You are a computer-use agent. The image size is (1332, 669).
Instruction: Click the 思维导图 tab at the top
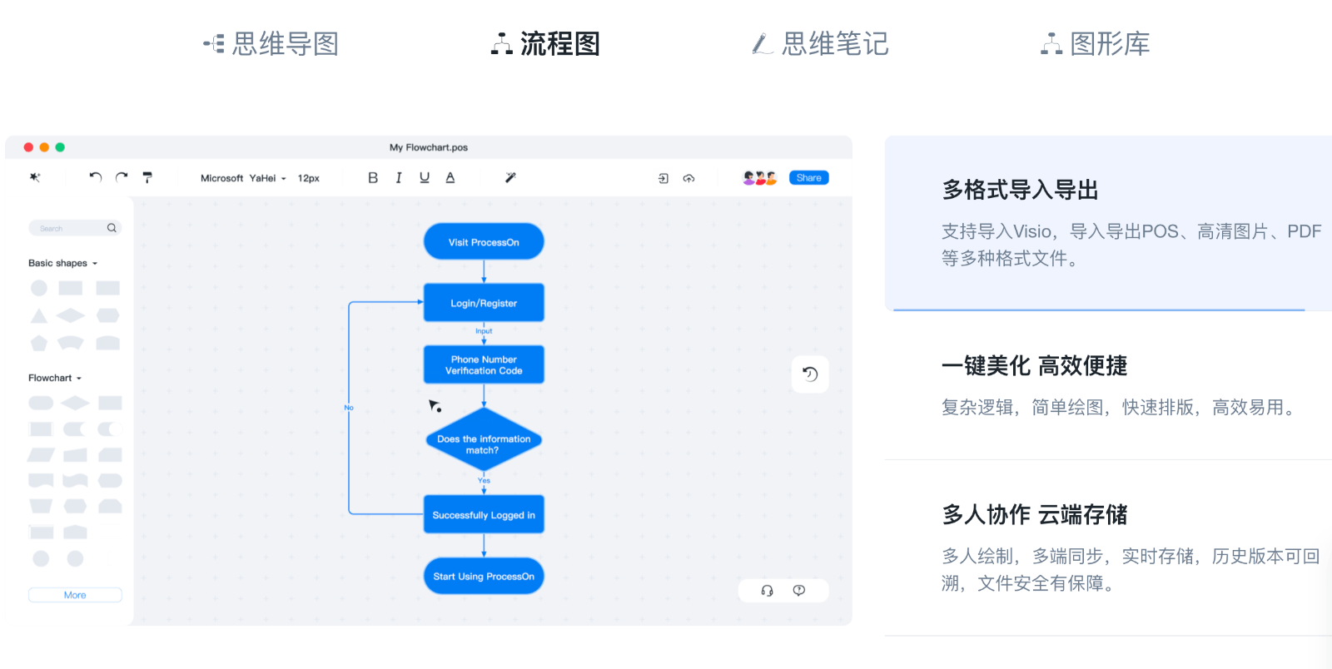point(271,44)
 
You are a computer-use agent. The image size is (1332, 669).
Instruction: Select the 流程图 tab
point(546,44)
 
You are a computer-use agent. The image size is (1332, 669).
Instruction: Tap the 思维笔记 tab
point(821,44)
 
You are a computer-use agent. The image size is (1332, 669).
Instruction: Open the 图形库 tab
point(1096,44)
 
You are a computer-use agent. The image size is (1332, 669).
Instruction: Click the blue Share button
point(808,178)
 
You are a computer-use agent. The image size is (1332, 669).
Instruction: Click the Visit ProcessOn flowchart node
point(484,242)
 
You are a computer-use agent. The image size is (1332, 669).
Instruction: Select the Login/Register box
point(484,303)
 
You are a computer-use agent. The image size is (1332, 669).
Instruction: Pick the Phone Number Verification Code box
point(484,365)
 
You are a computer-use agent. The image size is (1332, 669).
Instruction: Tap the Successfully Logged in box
point(484,515)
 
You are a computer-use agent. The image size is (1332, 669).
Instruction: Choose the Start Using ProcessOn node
point(484,576)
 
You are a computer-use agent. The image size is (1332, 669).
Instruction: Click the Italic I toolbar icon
point(399,178)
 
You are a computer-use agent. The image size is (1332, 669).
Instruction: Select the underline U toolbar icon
point(425,178)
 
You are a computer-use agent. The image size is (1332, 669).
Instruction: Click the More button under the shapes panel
point(75,595)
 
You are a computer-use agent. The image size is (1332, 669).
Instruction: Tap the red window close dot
point(28,147)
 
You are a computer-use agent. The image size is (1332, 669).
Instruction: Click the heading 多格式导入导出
point(1020,191)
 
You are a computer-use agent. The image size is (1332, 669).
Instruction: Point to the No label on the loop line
point(349,408)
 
